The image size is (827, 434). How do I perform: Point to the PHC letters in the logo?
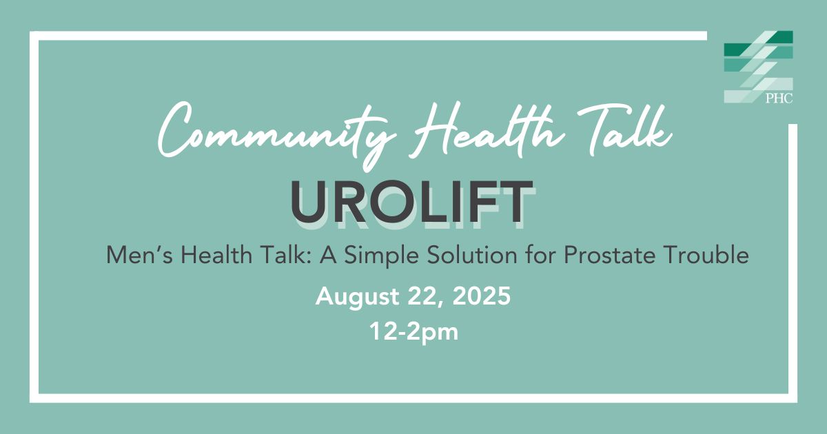[x=779, y=98]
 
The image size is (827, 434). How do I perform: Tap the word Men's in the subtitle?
[x=139, y=255]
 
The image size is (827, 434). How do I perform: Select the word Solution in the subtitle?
[x=472, y=255]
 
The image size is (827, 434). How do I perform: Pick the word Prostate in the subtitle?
[x=609, y=256]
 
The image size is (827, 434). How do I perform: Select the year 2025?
[x=482, y=296]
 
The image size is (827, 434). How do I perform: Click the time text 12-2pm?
[x=414, y=332]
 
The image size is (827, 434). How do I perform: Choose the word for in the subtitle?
[x=540, y=255]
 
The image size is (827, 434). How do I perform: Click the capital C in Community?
[x=177, y=130]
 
